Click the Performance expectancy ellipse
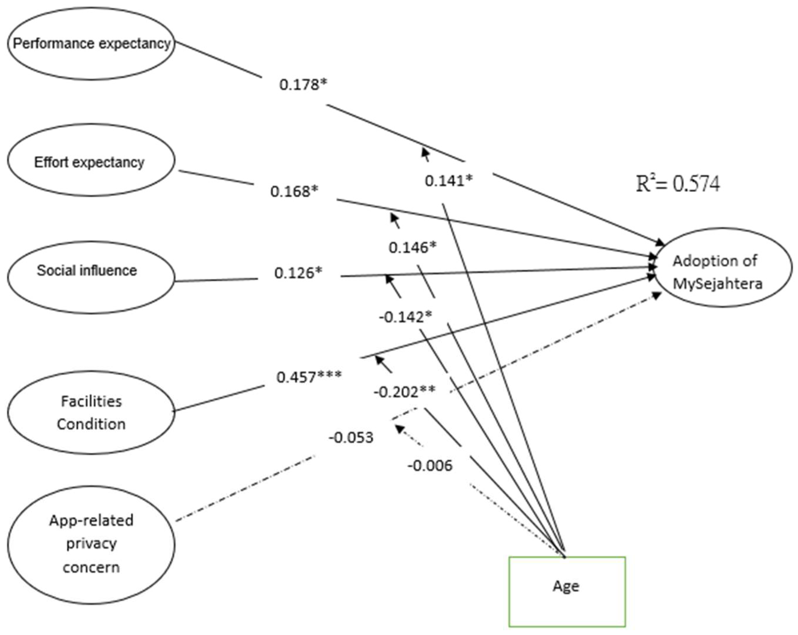[91, 44]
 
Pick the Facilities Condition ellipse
[91, 412]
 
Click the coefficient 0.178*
[303, 85]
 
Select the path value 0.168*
[294, 192]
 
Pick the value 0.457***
[309, 377]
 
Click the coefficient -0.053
[350, 437]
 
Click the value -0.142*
[405, 317]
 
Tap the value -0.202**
[405, 392]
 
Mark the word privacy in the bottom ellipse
[91, 544]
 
